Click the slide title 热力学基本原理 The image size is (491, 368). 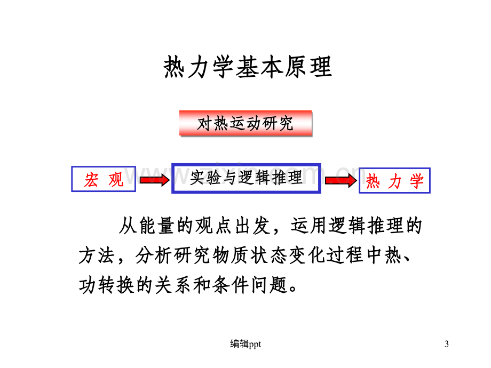click(248, 67)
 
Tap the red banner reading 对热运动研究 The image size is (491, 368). click(245, 123)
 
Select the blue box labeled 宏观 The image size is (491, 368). click(104, 179)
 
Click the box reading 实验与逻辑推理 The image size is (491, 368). click(246, 178)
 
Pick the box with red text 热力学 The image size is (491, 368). click(394, 181)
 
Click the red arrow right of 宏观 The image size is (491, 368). click(155, 180)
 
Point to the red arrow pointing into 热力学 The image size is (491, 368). click(340, 180)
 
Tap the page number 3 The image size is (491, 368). click(447, 344)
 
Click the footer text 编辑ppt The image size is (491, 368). click(245, 344)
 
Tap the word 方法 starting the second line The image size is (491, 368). click(97, 255)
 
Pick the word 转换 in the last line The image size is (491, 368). click(116, 285)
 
